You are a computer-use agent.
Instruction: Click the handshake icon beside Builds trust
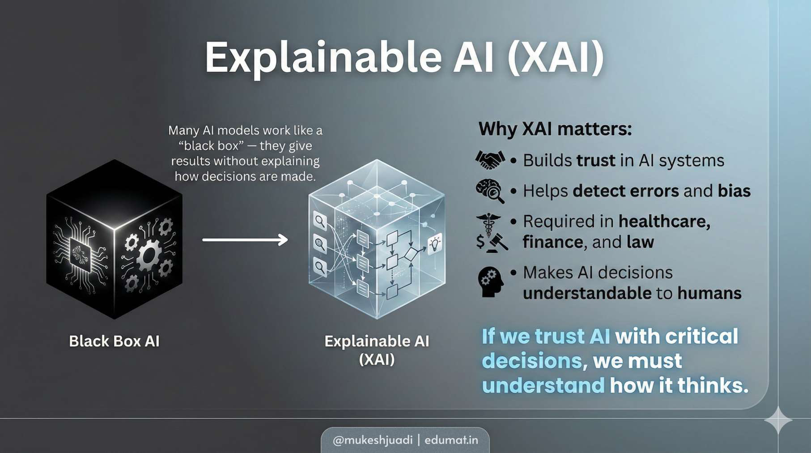(490, 160)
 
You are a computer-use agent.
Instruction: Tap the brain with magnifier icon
(490, 191)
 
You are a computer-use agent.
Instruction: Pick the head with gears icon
(490, 282)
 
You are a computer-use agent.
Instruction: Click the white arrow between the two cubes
(245, 240)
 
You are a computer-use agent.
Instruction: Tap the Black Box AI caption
(114, 341)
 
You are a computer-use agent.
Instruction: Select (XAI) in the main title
(555, 58)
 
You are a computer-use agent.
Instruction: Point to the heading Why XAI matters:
(555, 129)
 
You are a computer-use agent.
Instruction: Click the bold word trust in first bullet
(595, 160)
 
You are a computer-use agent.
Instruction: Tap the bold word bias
(734, 191)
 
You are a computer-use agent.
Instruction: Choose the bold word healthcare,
(664, 221)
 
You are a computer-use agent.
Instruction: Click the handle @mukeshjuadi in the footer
(373, 440)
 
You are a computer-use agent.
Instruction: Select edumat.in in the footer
(451, 440)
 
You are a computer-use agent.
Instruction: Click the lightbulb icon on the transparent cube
(434, 244)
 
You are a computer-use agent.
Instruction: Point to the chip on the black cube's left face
(81, 254)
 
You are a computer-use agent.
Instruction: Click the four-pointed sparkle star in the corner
(778, 420)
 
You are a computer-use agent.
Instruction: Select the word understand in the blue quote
(543, 386)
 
